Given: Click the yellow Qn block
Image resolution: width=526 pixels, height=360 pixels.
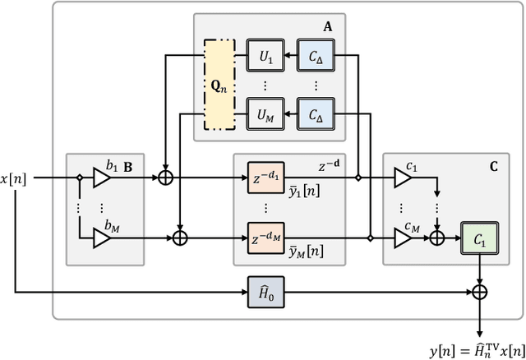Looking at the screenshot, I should (219, 85).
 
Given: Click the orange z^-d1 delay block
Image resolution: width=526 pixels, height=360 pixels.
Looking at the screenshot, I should (266, 177).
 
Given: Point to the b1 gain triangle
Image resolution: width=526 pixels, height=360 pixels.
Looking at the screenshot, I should (103, 177).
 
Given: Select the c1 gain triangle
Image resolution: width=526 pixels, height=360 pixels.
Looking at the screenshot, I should (402, 177).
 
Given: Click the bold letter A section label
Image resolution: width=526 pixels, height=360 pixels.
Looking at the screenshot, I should (328, 25).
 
